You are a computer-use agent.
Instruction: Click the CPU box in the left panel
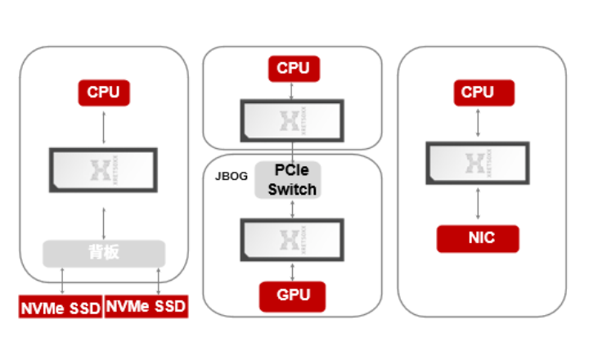pyautogui.click(x=103, y=92)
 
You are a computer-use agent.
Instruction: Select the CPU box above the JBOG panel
pyautogui.click(x=293, y=68)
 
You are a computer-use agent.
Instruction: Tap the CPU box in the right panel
pyautogui.click(x=477, y=92)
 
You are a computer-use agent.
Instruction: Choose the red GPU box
pyautogui.click(x=292, y=295)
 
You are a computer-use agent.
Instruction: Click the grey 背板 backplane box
pyautogui.click(x=104, y=252)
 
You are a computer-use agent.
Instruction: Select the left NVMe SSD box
pyautogui.click(x=61, y=306)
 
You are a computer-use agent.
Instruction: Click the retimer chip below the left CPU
pyautogui.click(x=103, y=169)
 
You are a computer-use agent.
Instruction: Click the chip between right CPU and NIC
pyautogui.click(x=477, y=163)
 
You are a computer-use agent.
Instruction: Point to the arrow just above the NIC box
pyautogui.click(x=477, y=205)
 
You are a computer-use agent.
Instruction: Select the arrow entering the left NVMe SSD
pyautogui.click(x=63, y=280)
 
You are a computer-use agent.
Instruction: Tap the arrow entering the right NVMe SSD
pyautogui.click(x=158, y=280)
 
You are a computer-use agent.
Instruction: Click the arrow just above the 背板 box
pyautogui.click(x=103, y=222)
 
